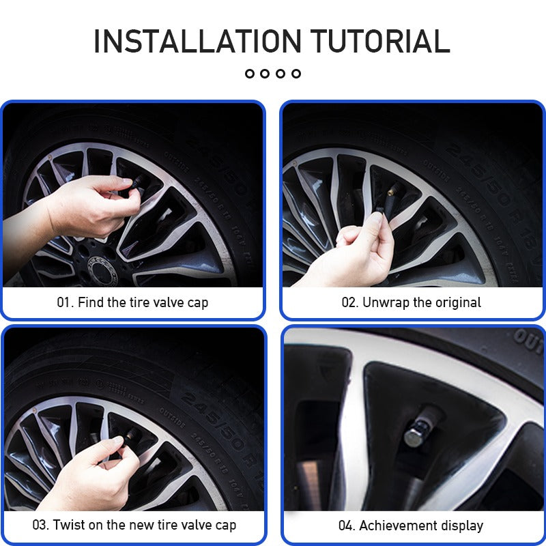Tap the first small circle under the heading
click(x=249, y=73)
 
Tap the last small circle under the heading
click(x=296, y=73)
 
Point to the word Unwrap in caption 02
click(x=385, y=302)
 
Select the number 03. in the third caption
click(x=40, y=526)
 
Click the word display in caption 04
click(x=460, y=526)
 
